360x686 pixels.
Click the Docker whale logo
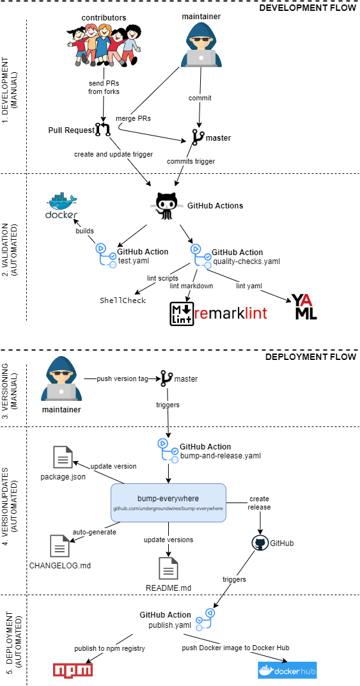click(x=61, y=206)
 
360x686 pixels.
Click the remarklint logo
click(x=218, y=314)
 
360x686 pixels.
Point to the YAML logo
click(x=304, y=307)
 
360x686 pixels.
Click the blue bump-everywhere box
click(x=169, y=502)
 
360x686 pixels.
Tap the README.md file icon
click(x=169, y=568)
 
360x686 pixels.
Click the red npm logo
click(x=72, y=669)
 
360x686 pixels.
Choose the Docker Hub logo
click(x=287, y=669)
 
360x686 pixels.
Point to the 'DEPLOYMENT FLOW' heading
click(x=311, y=357)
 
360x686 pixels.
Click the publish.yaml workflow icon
click(x=205, y=619)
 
